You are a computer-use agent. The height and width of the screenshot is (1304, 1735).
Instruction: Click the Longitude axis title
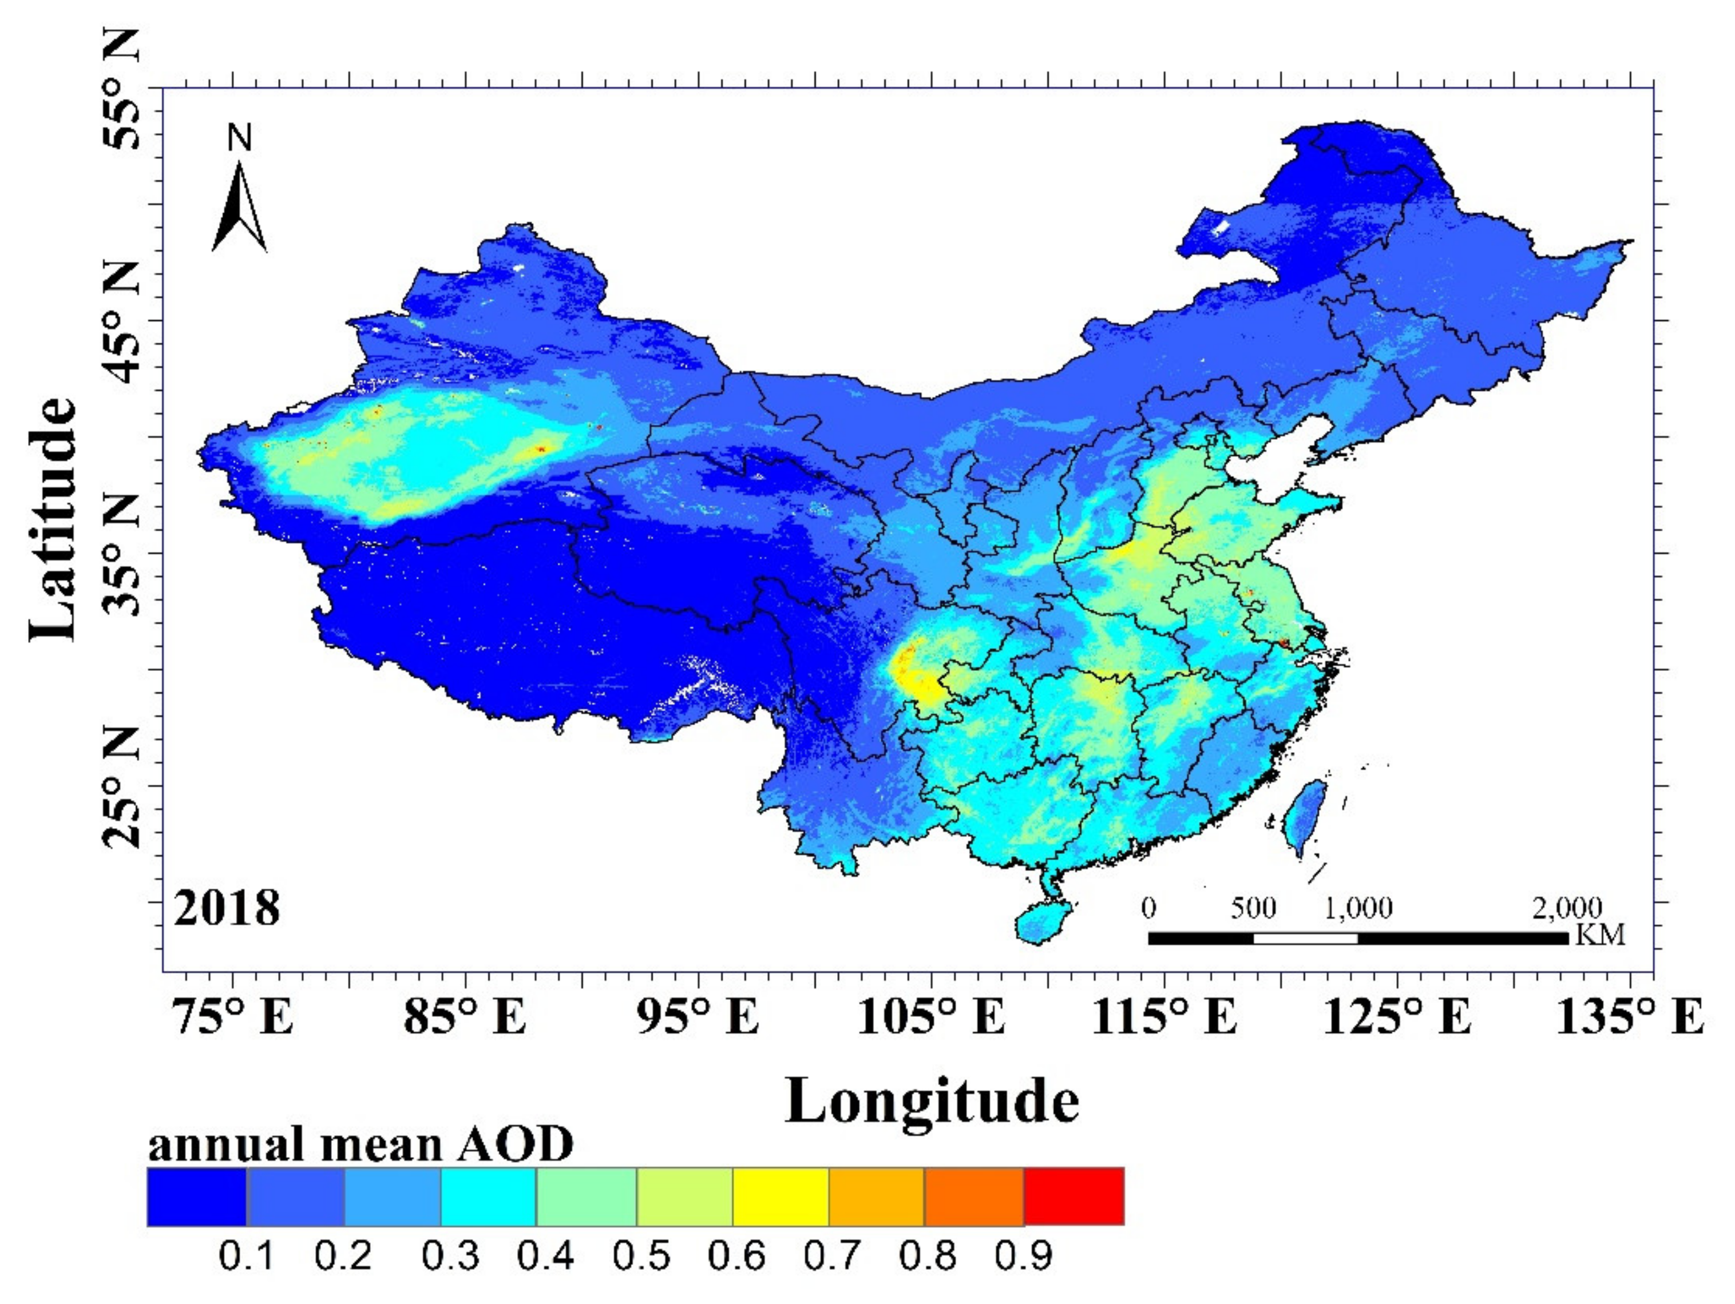(x=932, y=1102)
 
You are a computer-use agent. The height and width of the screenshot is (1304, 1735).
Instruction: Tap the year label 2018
(x=227, y=908)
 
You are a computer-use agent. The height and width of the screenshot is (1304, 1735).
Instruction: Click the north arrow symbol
(x=239, y=208)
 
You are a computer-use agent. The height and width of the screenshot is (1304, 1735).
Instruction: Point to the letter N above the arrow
(x=240, y=139)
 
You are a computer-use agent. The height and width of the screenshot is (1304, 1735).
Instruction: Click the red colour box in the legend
(x=1074, y=1196)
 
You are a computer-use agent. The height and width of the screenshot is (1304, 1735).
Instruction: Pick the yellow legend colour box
(x=781, y=1196)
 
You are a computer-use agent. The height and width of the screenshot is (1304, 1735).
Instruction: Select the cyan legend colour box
(x=488, y=1196)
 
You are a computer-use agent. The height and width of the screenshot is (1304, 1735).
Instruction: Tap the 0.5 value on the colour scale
(x=641, y=1256)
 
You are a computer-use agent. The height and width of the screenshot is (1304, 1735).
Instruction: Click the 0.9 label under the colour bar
(x=1024, y=1256)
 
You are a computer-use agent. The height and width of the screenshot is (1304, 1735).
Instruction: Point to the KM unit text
(x=1600, y=934)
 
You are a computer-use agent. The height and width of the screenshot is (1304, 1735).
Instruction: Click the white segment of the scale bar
(x=1306, y=939)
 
